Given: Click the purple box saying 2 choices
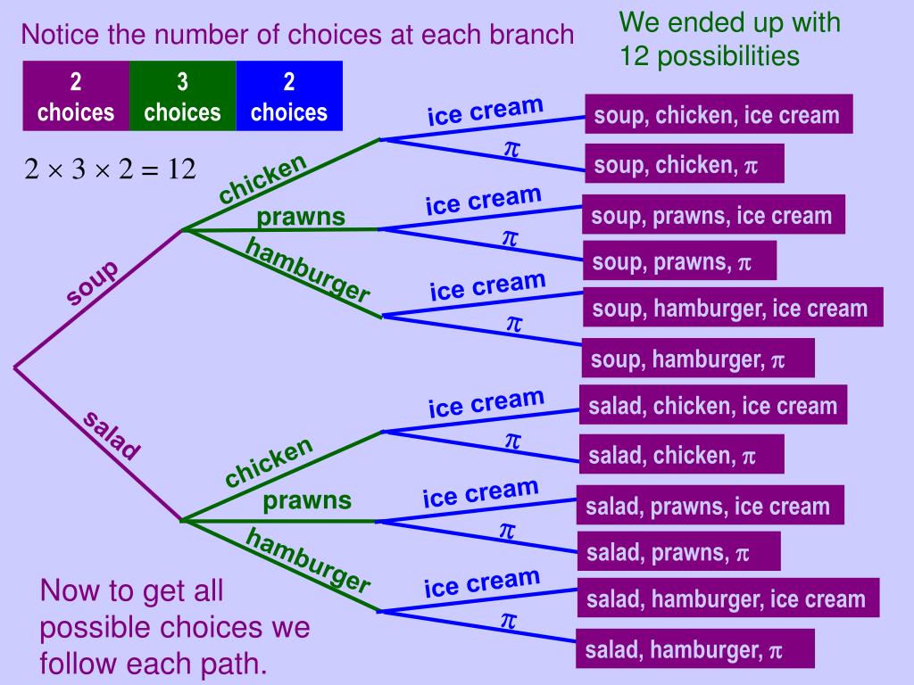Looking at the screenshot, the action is coord(76,96).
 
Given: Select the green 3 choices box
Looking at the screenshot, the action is coord(182,96).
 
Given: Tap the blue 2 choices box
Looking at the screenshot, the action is coord(289,96).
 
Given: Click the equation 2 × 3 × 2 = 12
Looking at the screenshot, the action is coord(110,169).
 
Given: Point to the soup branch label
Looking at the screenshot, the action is coord(91,283).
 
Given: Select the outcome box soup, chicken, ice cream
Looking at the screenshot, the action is coord(718,115).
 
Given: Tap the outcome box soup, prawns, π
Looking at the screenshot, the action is coord(678,261).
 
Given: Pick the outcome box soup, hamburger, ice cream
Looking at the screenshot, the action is coord(732,309).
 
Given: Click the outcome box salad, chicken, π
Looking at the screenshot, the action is coord(681,456).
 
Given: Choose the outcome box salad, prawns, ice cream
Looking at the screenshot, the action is coord(710,507).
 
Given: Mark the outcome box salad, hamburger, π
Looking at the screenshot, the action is coord(695,650).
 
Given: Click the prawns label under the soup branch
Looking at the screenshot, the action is coord(301,217).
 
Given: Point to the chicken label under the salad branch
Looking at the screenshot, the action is coord(269,462).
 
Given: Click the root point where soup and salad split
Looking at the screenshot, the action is coord(15,367).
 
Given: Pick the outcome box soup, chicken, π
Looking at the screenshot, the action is coord(684,165).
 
